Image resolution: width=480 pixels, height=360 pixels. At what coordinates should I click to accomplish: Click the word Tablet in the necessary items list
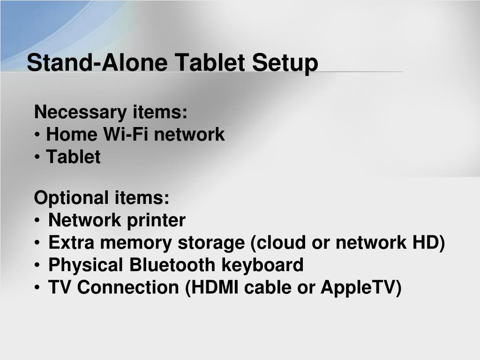[x=73, y=157]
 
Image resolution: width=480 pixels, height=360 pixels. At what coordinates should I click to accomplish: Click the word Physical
[x=86, y=265]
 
